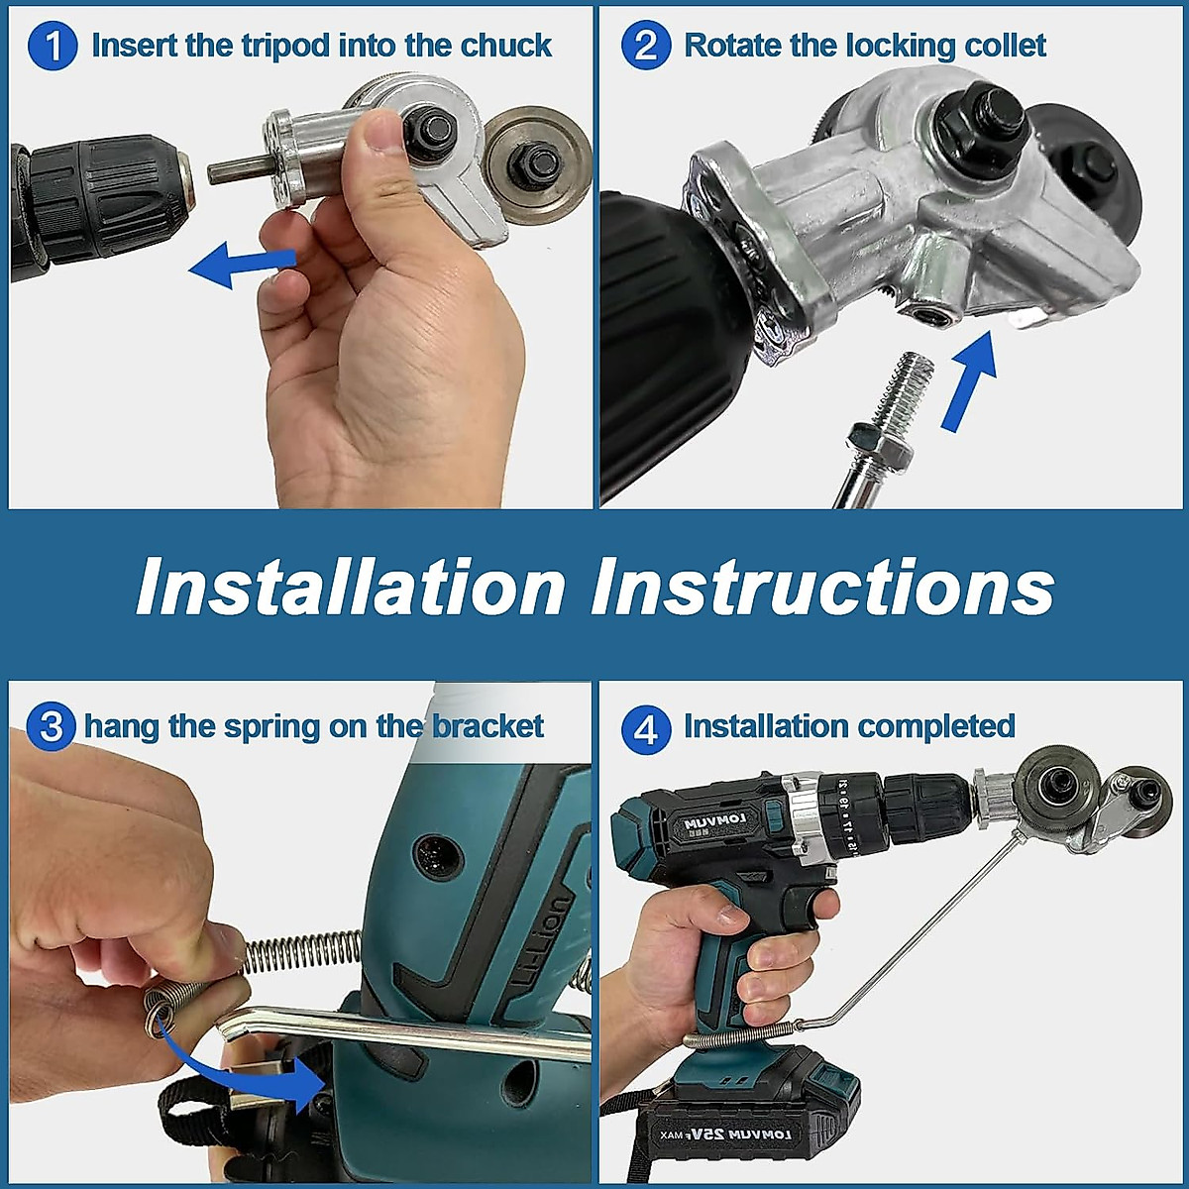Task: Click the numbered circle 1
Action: (53, 46)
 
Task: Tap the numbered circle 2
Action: (645, 46)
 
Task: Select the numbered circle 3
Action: (52, 726)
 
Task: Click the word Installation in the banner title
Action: (351, 586)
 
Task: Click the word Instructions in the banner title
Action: (822, 586)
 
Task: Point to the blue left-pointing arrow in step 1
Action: (243, 266)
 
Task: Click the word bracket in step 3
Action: (487, 726)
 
